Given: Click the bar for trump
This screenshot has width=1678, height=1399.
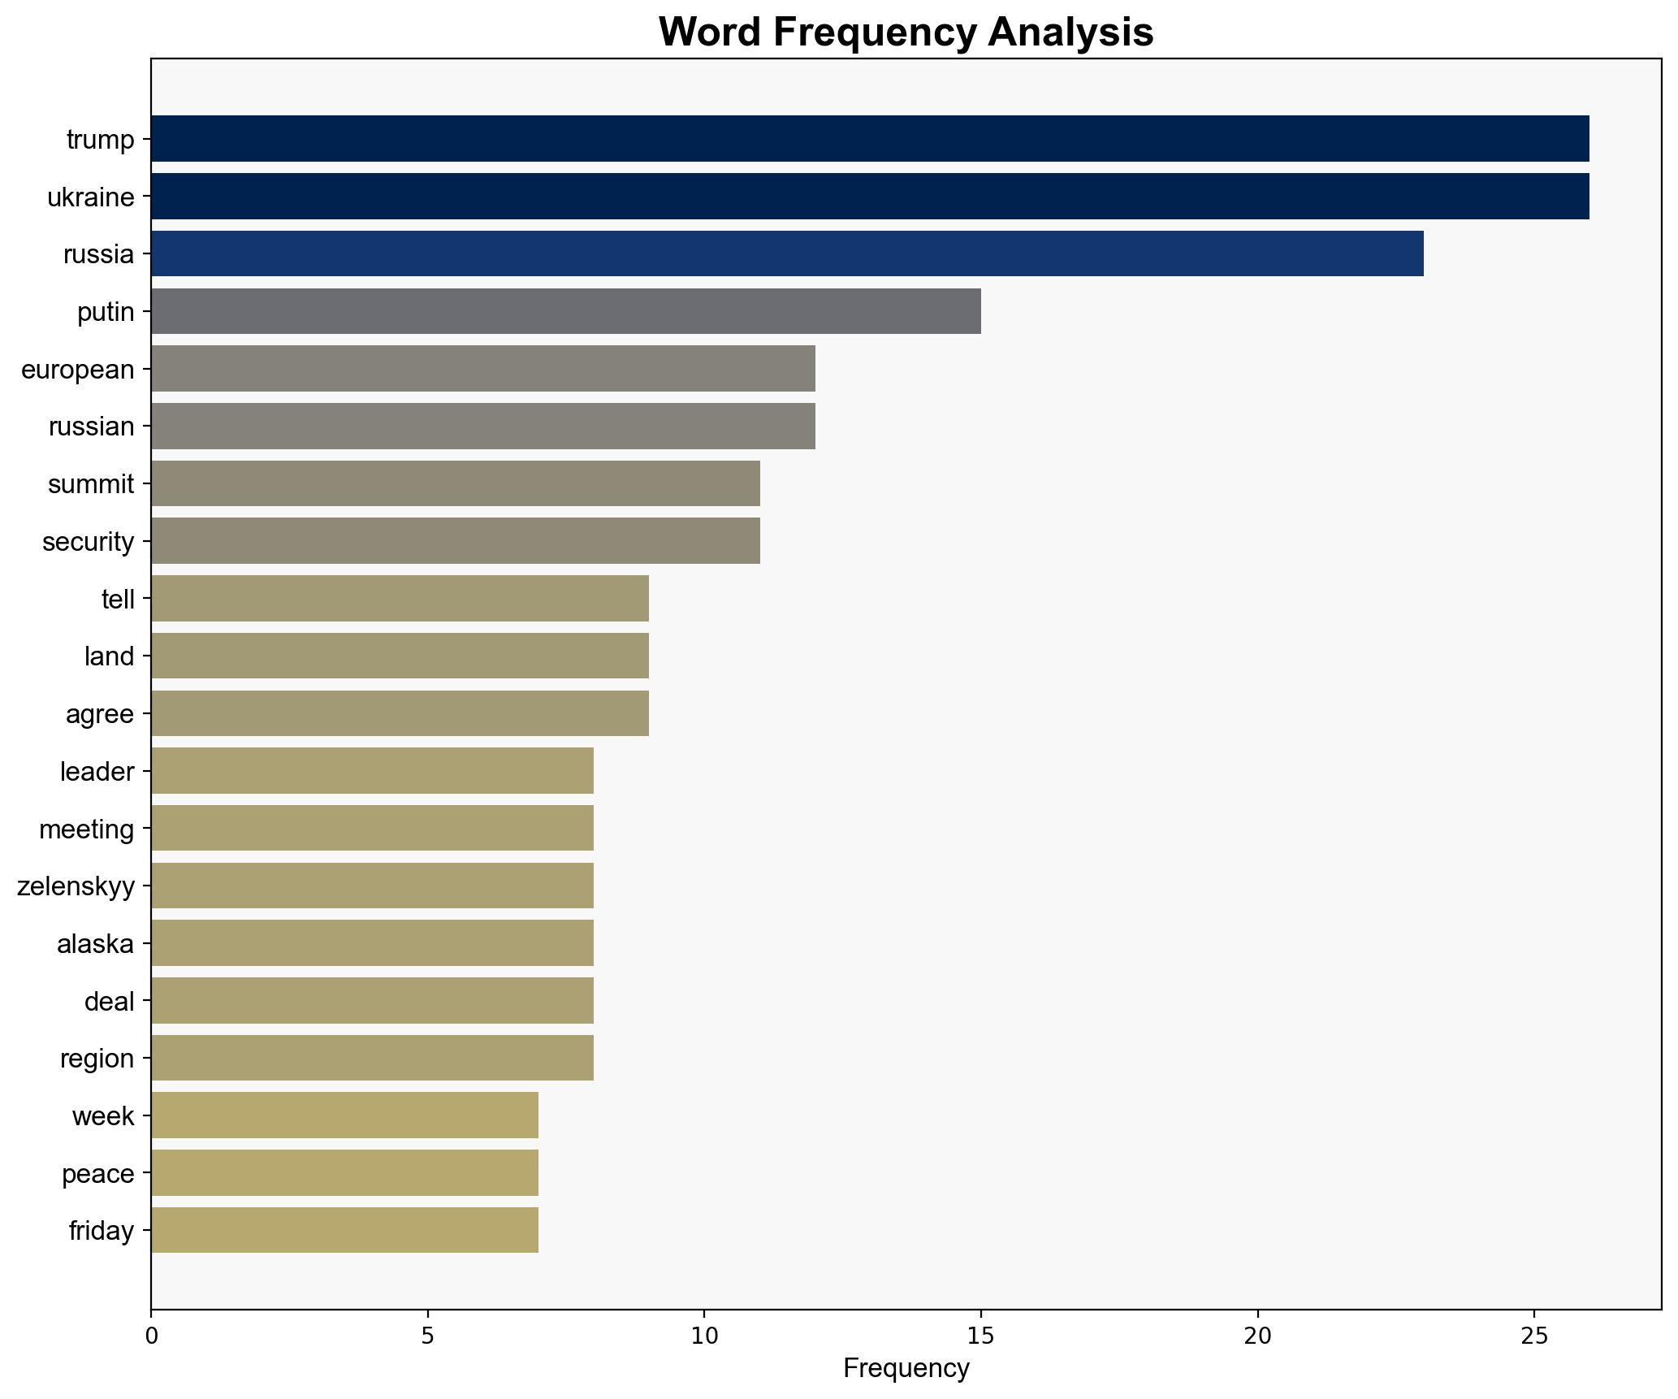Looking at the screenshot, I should [x=869, y=139].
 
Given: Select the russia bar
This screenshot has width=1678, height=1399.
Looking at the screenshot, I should [x=786, y=253].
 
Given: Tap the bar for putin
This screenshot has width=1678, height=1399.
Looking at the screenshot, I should [x=565, y=311].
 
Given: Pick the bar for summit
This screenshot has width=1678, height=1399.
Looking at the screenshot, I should [x=455, y=483].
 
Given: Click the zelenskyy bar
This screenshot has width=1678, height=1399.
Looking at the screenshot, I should [x=372, y=886].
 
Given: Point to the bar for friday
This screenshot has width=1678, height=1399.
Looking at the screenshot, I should [x=344, y=1230].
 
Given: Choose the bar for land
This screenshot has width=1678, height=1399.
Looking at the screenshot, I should [x=400, y=656].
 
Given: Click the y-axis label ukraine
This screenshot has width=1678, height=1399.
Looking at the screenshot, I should [x=91, y=197].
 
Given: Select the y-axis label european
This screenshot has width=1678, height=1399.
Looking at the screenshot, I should [x=78, y=370].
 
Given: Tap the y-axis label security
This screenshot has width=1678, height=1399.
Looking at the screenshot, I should [x=89, y=542].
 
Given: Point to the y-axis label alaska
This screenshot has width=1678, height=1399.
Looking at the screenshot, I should [x=95, y=944].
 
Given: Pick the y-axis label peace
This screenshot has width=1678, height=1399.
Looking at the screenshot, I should [x=97, y=1174].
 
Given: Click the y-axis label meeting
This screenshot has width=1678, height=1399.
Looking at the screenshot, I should [x=86, y=829].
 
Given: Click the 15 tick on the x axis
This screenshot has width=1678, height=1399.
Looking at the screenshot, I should [x=981, y=1336].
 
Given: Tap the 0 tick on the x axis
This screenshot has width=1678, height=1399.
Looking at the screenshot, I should [x=151, y=1336].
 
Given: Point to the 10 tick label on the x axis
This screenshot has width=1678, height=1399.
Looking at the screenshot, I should [x=704, y=1336].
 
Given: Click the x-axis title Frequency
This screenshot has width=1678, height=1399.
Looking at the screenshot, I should [x=906, y=1368].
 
